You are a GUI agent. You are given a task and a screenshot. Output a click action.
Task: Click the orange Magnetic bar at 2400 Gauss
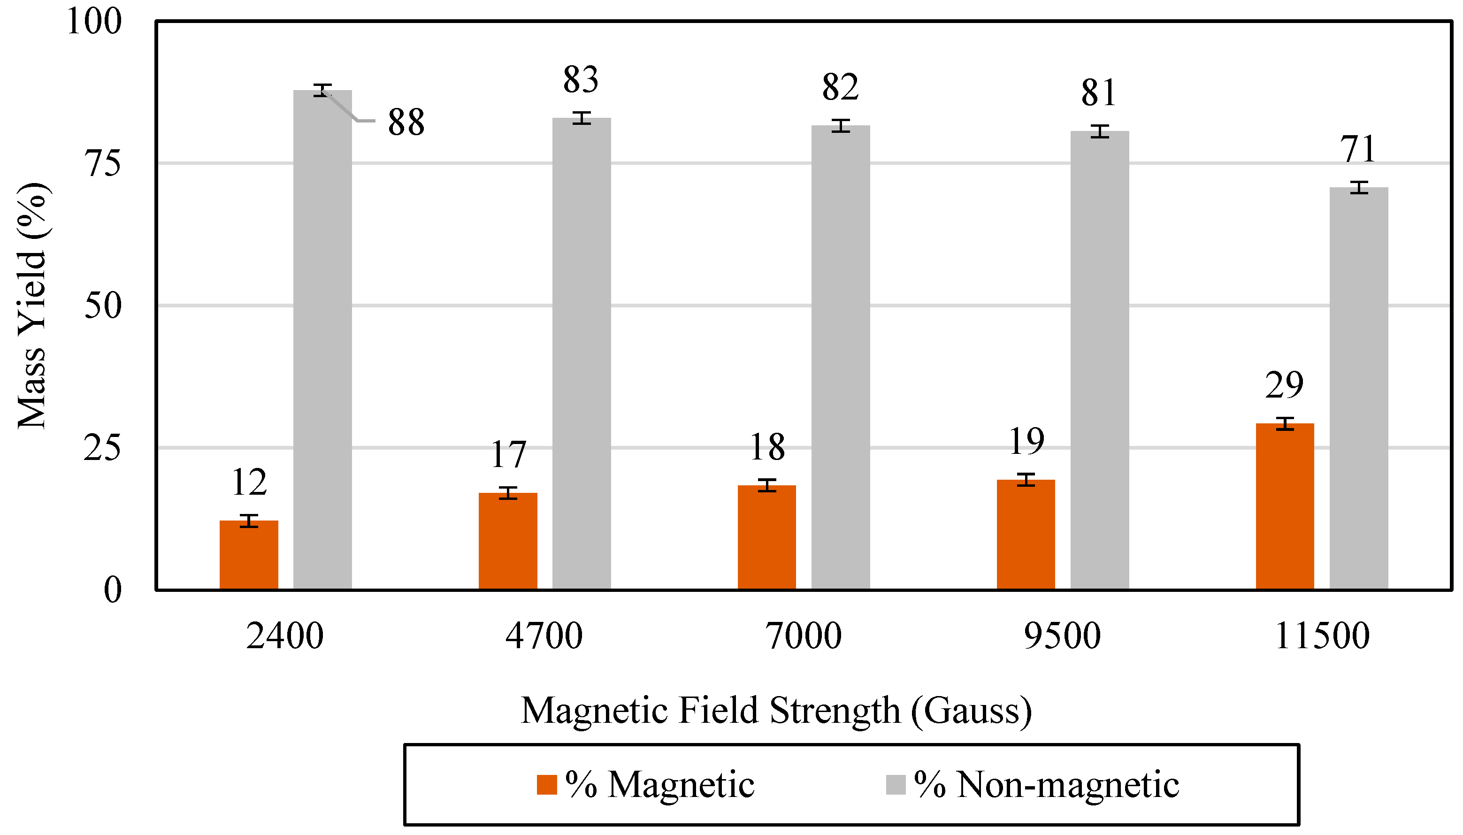point(248,555)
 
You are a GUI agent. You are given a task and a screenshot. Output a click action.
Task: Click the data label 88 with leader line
point(406,122)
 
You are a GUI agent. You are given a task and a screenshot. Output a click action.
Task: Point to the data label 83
point(581,79)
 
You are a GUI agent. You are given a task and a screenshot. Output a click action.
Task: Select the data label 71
point(1357,149)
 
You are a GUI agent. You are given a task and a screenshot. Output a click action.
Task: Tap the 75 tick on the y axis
point(103,163)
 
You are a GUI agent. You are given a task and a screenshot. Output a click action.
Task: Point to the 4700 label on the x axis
point(544,636)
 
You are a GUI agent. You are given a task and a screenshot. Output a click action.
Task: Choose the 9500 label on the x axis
point(1062,636)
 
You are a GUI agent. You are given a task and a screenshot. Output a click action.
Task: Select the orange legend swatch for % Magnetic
point(546,784)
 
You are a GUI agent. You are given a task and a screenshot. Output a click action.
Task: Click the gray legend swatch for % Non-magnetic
point(895,784)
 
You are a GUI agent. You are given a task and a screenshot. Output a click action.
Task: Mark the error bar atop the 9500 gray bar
point(1099,131)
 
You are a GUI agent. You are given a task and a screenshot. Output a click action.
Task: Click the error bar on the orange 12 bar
point(248,521)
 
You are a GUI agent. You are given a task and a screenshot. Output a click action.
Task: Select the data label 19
point(1026,441)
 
